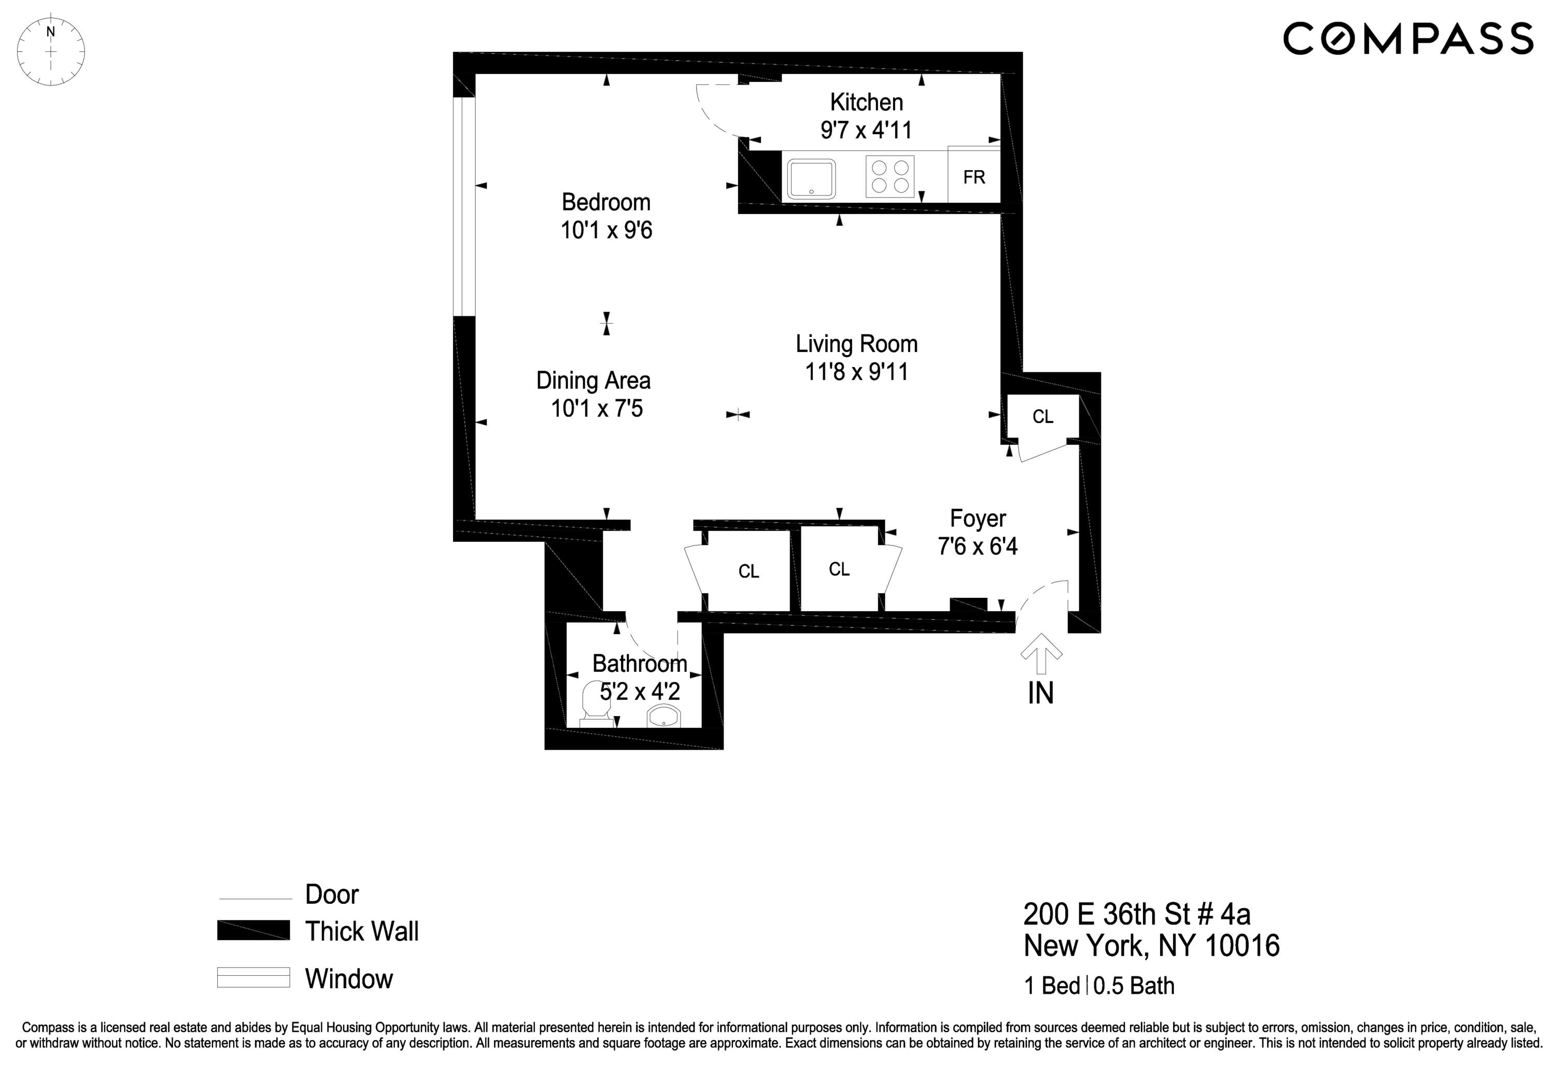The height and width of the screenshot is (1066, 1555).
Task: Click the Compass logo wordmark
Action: click(x=1407, y=38)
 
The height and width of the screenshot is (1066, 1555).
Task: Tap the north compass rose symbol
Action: click(x=51, y=51)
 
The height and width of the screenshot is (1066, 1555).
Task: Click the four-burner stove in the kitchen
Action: click(x=890, y=177)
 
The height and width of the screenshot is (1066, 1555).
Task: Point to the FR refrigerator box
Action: click(x=973, y=177)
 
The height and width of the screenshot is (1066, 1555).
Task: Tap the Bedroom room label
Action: click(x=605, y=202)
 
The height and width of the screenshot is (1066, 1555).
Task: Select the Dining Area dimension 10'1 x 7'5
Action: click(x=596, y=408)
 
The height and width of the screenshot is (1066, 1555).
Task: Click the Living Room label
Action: click(x=856, y=344)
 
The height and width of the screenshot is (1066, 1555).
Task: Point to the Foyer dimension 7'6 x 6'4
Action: click(x=977, y=546)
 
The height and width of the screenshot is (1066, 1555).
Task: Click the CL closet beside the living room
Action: click(x=1042, y=417)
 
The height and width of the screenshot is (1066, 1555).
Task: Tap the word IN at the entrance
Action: click(x=1040, y=694)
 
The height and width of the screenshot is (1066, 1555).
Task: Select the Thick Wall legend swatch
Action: click(x=253, y=930)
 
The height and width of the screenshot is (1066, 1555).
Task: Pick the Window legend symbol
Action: click(x=253, y=978)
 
